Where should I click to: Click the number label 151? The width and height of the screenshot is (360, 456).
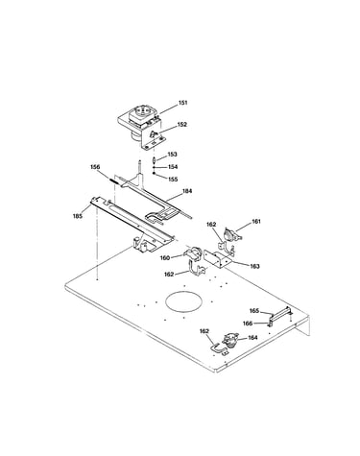click(x=182, y=103)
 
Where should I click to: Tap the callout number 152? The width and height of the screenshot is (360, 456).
click(x=181, y=125)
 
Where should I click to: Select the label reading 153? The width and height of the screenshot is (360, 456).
click(x=172, y=155)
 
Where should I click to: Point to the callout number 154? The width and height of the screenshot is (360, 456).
click(x=173, y=167)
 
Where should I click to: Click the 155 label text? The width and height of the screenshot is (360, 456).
click(x=173, y=180)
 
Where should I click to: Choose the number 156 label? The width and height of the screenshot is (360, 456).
click(x=95, y=167)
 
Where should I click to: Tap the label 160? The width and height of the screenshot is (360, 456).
click(x=165, y=258)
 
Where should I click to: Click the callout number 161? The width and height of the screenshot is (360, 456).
click(x=256, y=221)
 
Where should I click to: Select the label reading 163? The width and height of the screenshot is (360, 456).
click(x=254, y=266)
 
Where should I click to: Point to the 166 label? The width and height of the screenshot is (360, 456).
click(x=248, y=324)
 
